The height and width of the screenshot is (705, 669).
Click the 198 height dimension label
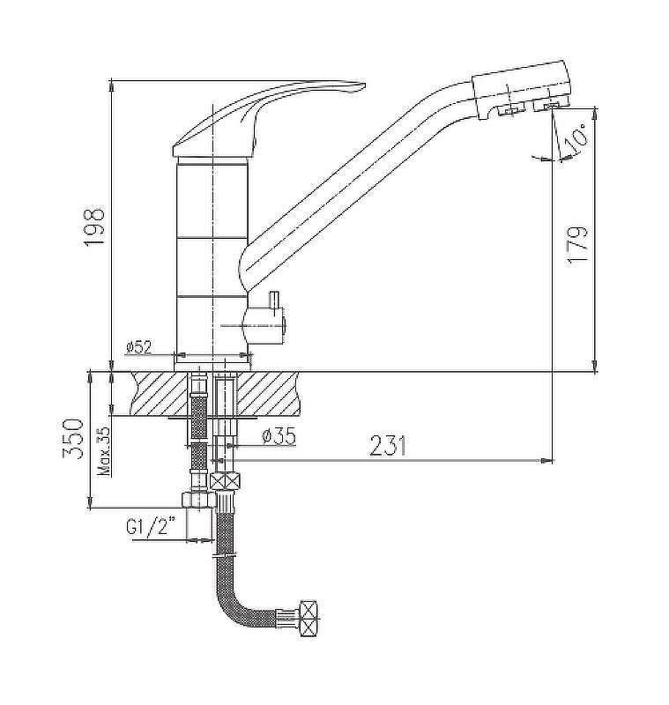click(94, 226)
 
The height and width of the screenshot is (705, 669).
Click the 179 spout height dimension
click(576, 246)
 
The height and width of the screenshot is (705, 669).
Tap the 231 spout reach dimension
click(388, 446)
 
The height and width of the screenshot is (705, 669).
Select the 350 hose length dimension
click(73, 438)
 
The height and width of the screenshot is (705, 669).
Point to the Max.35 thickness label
click(104, 451)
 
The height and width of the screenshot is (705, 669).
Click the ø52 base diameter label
click(139, 347)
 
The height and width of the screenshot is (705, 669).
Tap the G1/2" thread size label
click(151, 525)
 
